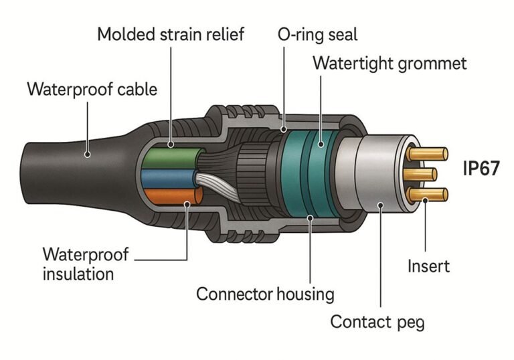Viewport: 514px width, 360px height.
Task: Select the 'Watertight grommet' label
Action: [390, 64]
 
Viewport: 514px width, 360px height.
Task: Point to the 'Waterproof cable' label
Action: [92, 89]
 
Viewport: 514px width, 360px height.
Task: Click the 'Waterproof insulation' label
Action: [86, 264]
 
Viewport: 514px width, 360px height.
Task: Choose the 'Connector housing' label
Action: [265, 293]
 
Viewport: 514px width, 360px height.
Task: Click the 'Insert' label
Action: [428, 266]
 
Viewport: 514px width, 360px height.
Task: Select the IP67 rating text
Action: [481, 168]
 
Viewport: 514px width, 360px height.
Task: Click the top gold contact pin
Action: [428, 153]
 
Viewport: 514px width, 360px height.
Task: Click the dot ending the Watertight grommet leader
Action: [320, 143]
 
